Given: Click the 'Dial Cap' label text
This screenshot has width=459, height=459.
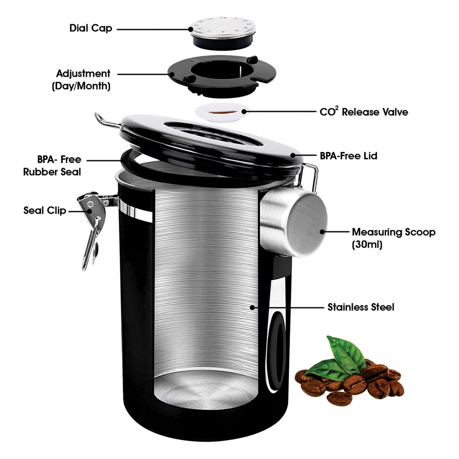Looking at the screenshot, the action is (x=91, y=28).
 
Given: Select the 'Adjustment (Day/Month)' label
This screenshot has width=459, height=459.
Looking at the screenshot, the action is (x=82, y=80).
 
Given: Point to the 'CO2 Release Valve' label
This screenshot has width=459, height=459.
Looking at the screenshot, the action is (x=364, y=112).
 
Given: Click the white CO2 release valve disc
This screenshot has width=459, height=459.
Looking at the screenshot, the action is (x=222, y=113).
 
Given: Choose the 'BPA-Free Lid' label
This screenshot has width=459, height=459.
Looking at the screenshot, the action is (x=348, y=156).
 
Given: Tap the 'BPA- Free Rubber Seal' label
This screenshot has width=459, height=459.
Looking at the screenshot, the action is (x=52, y=165).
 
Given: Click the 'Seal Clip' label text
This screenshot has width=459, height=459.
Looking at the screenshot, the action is (x=45, y=210).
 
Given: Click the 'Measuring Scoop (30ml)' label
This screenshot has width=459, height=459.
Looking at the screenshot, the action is (x=394, y=238).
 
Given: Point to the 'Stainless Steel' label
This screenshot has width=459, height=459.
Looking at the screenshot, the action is (x=361, y=307).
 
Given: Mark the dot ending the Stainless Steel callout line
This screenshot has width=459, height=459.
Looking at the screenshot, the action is (x=252, y=307).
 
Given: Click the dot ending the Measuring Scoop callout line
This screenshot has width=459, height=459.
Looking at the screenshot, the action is (x=322, y=232).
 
